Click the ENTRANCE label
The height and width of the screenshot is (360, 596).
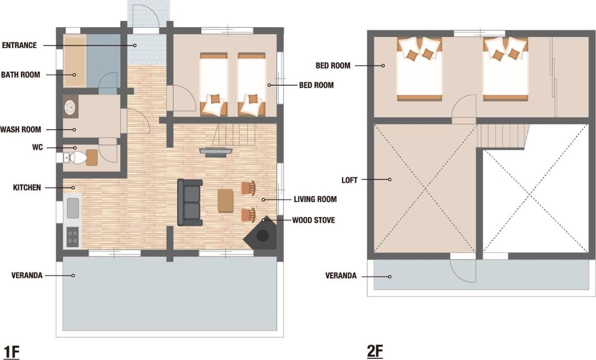pyautogui.click(x=19, y=45)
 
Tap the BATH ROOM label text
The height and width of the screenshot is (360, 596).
pyautogui.click(x=20, y=75)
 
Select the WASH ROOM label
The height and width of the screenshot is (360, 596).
pyautogui.click(x=20, y=130)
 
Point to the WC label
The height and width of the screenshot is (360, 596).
pyautogui.click(x=38, y=147)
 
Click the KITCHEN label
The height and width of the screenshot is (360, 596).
pyautogui.click(x=26, y=187)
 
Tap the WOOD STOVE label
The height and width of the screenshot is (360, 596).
pyautogui.click(x=313, y=220)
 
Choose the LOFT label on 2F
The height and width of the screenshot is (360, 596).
pyautogui.click(x=349, y=180)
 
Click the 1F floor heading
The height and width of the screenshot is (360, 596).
pyautogui.click(x=11, y=352)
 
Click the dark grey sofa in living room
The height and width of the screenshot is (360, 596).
pyautogui.click(x=190, y=202)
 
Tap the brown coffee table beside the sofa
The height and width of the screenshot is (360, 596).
pyautogui.click(x=225, y=201)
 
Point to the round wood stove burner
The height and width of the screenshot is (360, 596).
pyautogui.click(x=263, y=236)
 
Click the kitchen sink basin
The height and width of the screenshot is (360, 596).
pyautogui.click(x=73, y=208)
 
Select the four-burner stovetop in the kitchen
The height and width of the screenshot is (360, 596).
pyautogui.click(x=73, y=236)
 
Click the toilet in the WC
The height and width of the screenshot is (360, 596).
pyautogui.click(x=78, y=157)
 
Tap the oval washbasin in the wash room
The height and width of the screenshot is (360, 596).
pyautogui.click(x=70, y=107)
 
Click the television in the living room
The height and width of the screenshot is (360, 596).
pyautogui.click(x=216, y=151)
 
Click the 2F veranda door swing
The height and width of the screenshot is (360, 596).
pyautogui.click(x=464, y=271)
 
